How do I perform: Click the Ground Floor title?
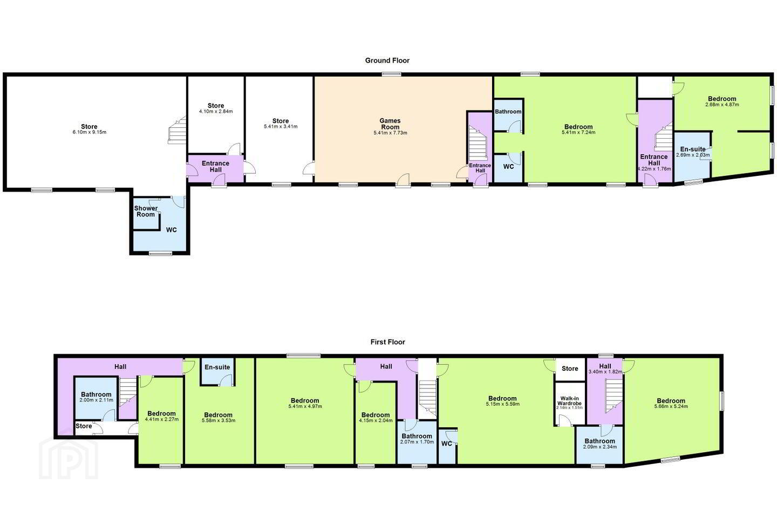click(x=387, y=60)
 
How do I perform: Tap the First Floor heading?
click(x=387, y=342)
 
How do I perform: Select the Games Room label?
click(x=390, y=124)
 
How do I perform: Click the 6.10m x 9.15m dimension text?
click(x=90, y=132)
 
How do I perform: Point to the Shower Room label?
click(x=146, y=211)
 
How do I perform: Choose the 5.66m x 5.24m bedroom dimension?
click(x=671, y=406)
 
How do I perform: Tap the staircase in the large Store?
click(x=177, y=131)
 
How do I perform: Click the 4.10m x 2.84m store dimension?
click(x=216, y=111)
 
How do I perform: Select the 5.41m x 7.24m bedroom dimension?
click(x=578, y=132)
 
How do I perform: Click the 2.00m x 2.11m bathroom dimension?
click(x=97, y=400)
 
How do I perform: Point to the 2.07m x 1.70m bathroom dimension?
click(x=417, y=442)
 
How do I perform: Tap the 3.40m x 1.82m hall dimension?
click(x=605, y=372)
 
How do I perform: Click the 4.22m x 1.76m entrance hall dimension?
click(x=654, y=169)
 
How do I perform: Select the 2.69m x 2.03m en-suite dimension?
click(x=693, y=155)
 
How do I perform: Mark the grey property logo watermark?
click(x=69, y=458)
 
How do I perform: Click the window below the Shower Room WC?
click(x=160, y=254)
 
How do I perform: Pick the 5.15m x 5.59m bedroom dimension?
click(x=502, y=404)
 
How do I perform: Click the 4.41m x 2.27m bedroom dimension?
click(x=161, y=419)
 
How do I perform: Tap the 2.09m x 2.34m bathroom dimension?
click(x=600, y=447)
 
